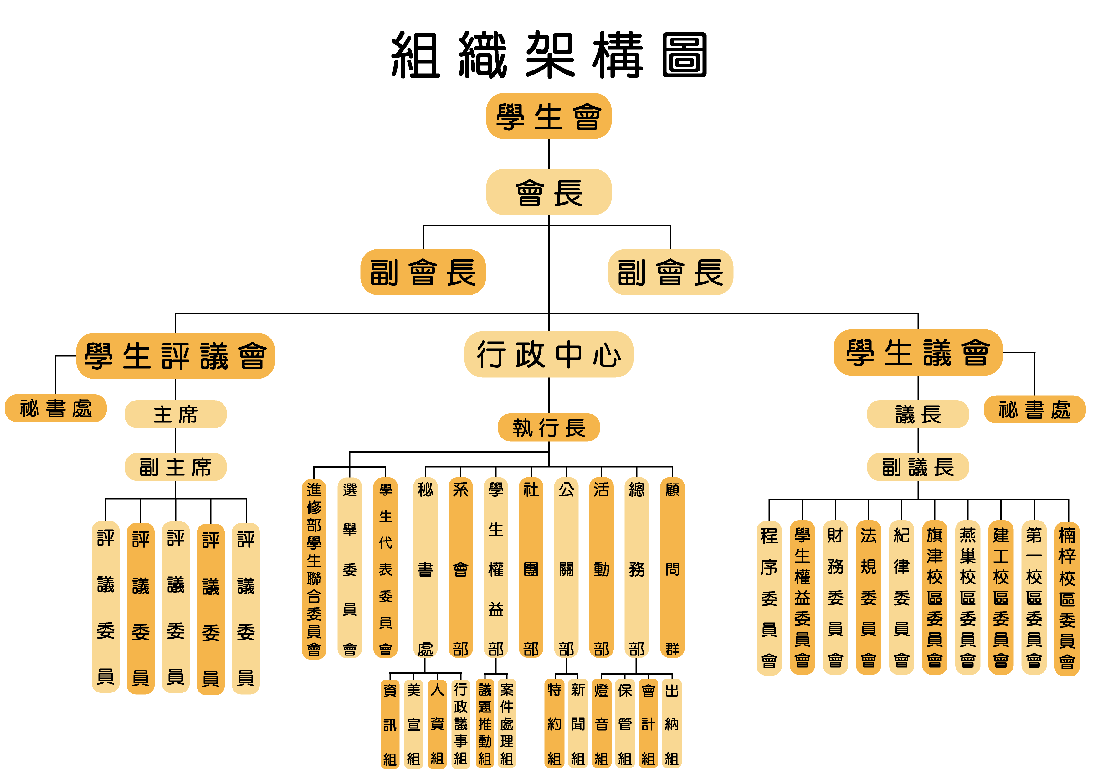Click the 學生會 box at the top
click(x=548, y=116)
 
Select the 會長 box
click(x=548, y=192)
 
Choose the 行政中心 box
click(x=548, y=355)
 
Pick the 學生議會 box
click(x=918, y=353)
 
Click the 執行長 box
click(x=548, y=427)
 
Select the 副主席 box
click(x=176, y=467)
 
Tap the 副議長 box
click(x=918, y=467)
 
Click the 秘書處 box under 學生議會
click(x=1034, y=410)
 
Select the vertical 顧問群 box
click(x=672, y=568)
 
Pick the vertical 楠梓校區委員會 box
click(x=1067, y=598)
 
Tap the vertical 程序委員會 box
click(x=769, y=598)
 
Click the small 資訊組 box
click(x=390, y=724)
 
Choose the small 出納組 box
click(x=671, y=724)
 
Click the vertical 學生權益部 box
click(x=496, y=568)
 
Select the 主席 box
click(x=176, y=414)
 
